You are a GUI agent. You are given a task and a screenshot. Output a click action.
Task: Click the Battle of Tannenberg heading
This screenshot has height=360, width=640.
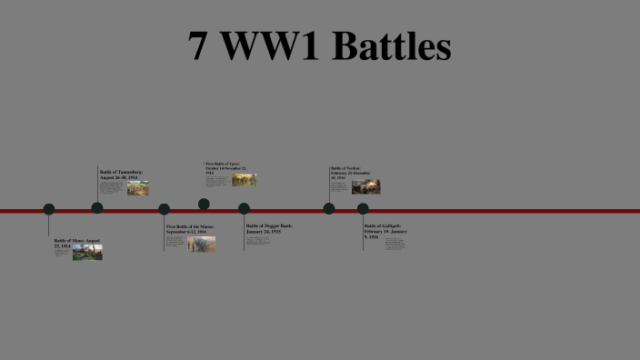pyautogui.click(x=121, y=175)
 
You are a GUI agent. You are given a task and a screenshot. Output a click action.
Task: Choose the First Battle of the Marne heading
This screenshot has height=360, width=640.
pyautogui.click(x=191, y=229)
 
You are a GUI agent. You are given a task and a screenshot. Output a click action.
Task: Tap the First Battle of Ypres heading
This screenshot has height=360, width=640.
pyautogui.click(x=226, y=168)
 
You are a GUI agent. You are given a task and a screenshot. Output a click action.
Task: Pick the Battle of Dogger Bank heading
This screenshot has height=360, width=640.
pyautogui.click(x=269, y=227)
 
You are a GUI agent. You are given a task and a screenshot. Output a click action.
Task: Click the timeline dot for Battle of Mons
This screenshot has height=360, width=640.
pyautogui.click(x=49, y=209)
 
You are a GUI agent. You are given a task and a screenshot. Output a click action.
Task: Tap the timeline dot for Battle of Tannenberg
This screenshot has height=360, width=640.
pyautogui.click(x=97, y=207)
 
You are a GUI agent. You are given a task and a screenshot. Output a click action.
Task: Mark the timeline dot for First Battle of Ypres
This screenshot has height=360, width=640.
pyautogui.click(x=204, y=204)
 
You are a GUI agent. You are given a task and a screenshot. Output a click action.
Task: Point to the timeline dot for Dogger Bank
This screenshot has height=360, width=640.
pyautogui.click(x=244, y=209)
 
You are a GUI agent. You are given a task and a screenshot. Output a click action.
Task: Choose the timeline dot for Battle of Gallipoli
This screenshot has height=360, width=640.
pyautogui.click(x=363, y=209)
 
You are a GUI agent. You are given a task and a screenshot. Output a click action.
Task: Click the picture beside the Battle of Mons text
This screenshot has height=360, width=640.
pyautogui.click(x=87, y=253)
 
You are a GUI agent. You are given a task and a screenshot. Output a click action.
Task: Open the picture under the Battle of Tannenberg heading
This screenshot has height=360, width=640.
pyautogui.click(x=138, y=188)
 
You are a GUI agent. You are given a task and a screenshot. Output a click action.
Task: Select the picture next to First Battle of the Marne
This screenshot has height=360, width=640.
pyautogui.click(x=202, y=244)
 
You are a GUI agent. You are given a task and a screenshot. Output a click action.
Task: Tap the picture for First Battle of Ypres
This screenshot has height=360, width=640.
pyautogui.click(x=244, y=180)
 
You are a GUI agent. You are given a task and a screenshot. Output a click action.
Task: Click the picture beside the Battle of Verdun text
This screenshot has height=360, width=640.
pyautogui.click(x=365, y=186)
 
